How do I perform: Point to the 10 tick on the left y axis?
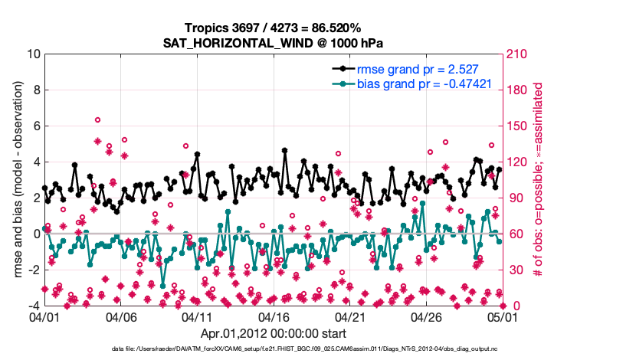click(x=33, y=54)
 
